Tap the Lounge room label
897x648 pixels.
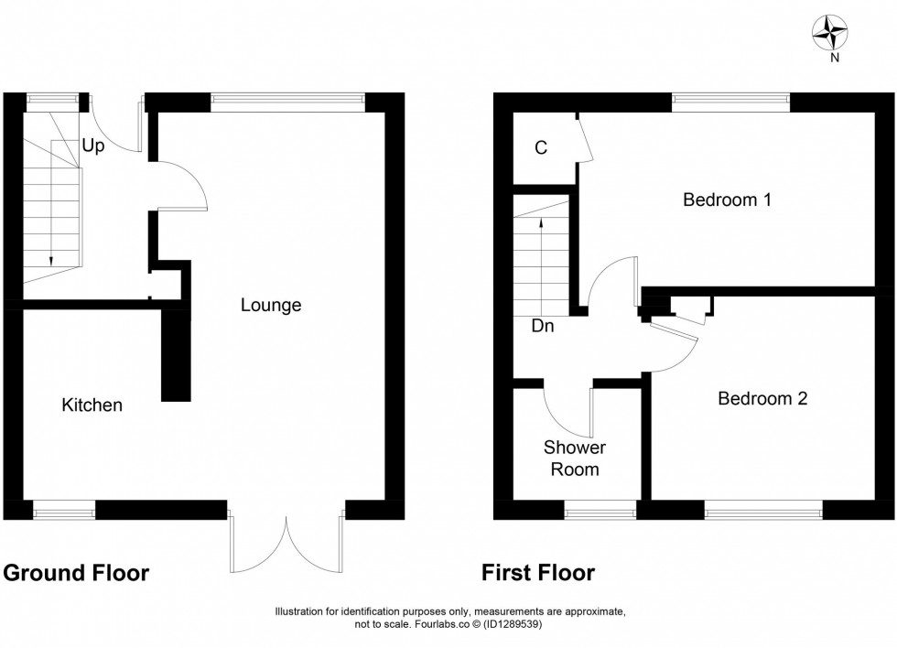tap(271, 306)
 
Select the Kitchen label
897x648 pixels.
tap(92, 405)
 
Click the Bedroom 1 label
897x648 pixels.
tap(727, 200)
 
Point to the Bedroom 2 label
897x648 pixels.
tap(762, 399)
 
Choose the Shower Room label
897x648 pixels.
tap(575, 459)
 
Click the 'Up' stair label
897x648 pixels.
tap(92, 146)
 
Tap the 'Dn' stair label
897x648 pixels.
tap(542, 324)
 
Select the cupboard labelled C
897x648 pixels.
tap(541, 147)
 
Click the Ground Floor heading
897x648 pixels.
tap(76, 573)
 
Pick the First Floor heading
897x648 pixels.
tap(538, 573)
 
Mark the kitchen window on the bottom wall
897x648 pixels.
tap(64, 511)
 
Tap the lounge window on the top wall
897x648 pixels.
tap(287, 101)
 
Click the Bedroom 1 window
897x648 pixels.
tap(730, 101)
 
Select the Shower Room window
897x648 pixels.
tap(600, 511)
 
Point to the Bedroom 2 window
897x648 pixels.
tap(763, 511)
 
